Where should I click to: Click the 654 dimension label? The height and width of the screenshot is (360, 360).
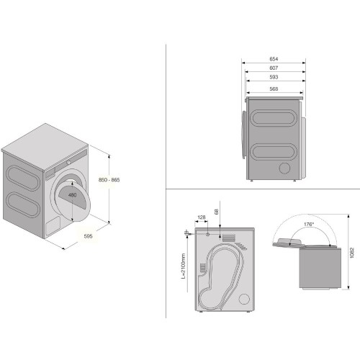pos(274,59)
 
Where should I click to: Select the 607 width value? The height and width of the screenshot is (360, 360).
pos(274,68)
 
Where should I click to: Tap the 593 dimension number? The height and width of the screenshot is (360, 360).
pos(274,77)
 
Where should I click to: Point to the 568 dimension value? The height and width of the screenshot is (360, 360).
pos(274,89)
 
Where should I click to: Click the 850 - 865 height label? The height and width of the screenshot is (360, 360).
pos(109,180)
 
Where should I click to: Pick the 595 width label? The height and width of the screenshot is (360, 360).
pos(88,236)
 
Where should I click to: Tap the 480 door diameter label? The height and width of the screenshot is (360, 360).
pos(72,195)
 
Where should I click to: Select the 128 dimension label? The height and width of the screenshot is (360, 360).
pos(201,217)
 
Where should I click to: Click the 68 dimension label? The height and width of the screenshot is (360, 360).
pos(217,212)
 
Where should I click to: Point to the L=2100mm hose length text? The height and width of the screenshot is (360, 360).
pos(184,266)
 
